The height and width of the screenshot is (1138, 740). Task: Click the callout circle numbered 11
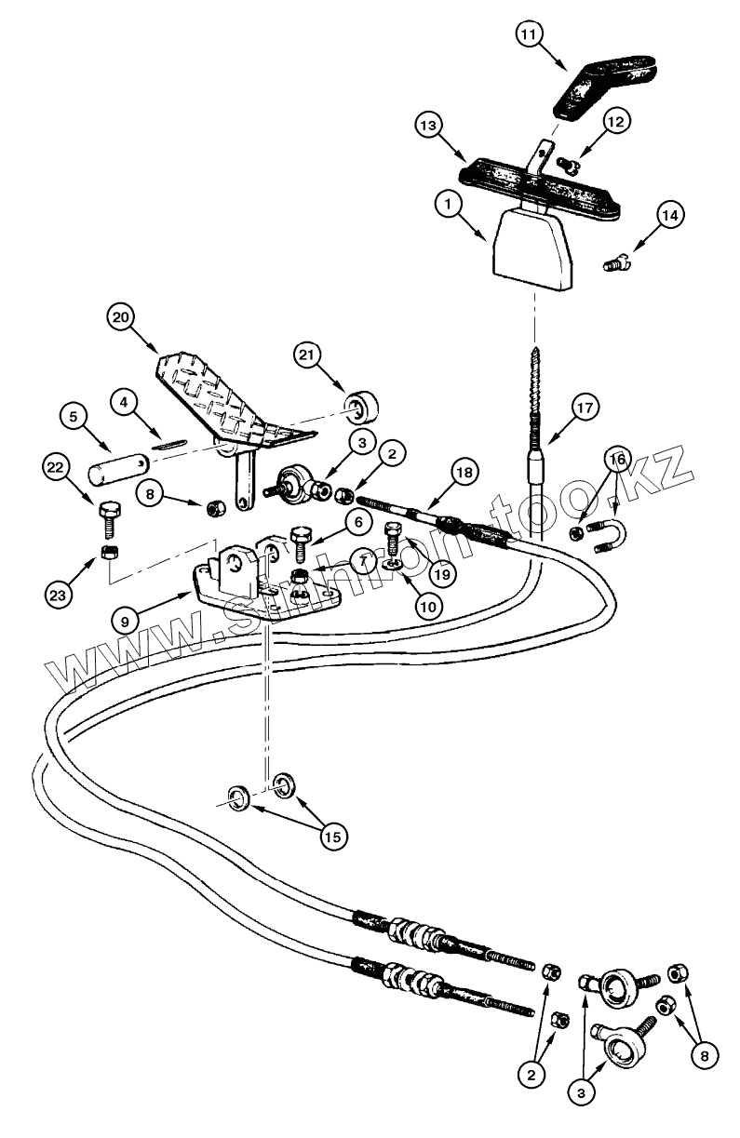tap(530, 36)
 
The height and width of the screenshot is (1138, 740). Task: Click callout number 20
tap(118, 318)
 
